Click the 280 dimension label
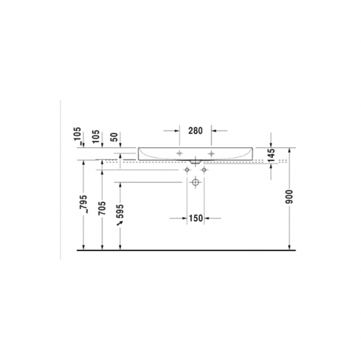pyautogui.click(x=196, y=131)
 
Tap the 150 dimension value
pyautogui.click(x=196, y=218)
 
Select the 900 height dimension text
pyautogui.click(x=290, y=197)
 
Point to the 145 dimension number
pyautogui.click(x=272, y=155)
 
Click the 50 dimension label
pyautogui.click(x=114, y=138)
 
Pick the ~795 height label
pyautogui.click(x=83, y=204)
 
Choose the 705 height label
pyautogui.click(x=102, y=208)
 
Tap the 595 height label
pyautogui.click(x=120, y=211)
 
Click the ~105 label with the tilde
pyautogui.click(x=78, y=136)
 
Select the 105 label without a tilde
pyautogui.click(x=96, y=137)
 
